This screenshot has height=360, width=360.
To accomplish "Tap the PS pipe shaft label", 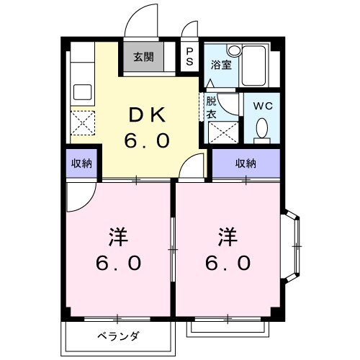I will (189, 57).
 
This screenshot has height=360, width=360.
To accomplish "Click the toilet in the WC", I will (262, 129).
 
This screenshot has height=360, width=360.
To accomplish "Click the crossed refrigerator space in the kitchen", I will (82, 124).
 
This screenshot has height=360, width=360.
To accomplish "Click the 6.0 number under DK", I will (147, 140).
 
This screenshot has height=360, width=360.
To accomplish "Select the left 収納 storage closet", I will (81, 163).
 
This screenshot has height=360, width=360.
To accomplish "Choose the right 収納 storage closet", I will (246, 163).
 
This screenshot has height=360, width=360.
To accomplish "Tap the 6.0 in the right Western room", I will (229, 263).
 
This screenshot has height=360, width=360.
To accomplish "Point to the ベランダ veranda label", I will (118, 336).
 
